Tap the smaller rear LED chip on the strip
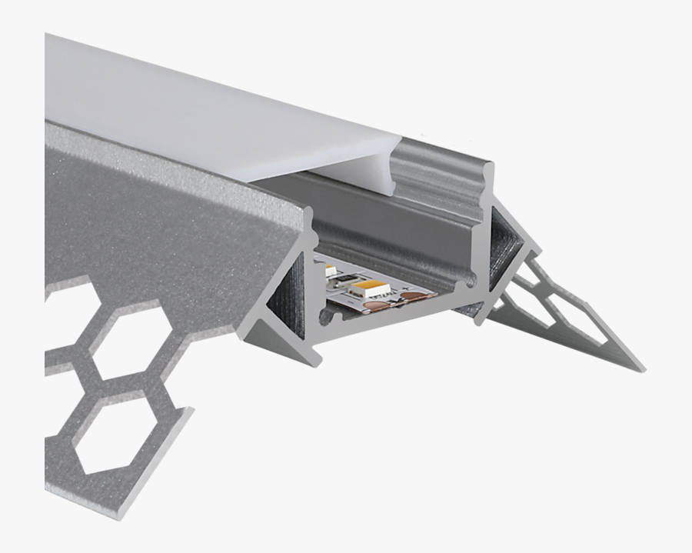tap(331, 271)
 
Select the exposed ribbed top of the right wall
tap(438, 173)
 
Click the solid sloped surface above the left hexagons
tap(154, 215)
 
